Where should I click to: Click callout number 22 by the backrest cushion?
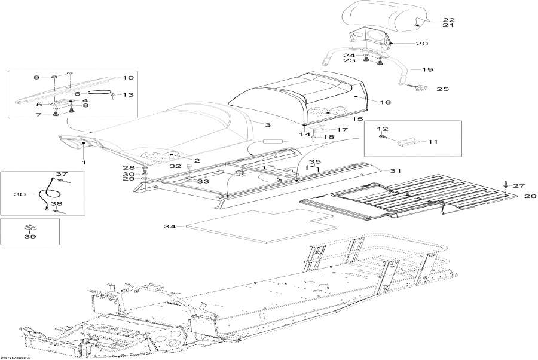point(449,20)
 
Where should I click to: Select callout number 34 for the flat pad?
point(170,227)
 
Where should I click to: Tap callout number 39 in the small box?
point(30,236)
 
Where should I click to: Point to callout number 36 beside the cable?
point(20,194)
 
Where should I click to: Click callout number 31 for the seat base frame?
point(395,170)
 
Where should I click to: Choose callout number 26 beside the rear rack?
point(530,196)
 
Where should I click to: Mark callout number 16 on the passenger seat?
point(386,102)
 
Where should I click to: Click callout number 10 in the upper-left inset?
point(128,78)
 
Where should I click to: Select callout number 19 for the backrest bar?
point(427,69)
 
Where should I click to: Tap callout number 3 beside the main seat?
point(268,125)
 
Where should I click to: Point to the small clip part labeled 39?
point(29,227)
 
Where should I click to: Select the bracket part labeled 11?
point(407,142)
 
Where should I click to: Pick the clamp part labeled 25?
point(422,89)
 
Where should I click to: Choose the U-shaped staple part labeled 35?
point(313,167)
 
